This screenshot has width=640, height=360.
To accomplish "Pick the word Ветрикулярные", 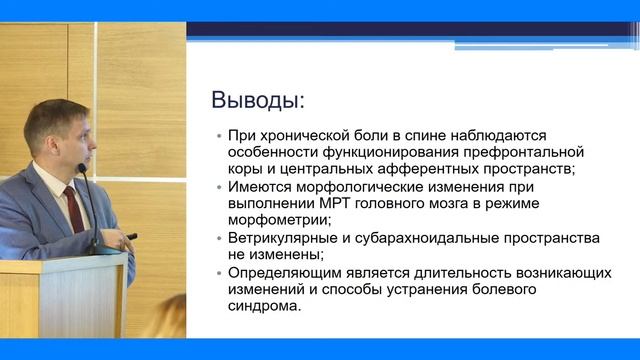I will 284,238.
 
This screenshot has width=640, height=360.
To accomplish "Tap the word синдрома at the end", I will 265,306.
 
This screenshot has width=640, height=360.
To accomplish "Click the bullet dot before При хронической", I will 219,136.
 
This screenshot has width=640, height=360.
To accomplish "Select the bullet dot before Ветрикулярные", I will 219,239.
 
